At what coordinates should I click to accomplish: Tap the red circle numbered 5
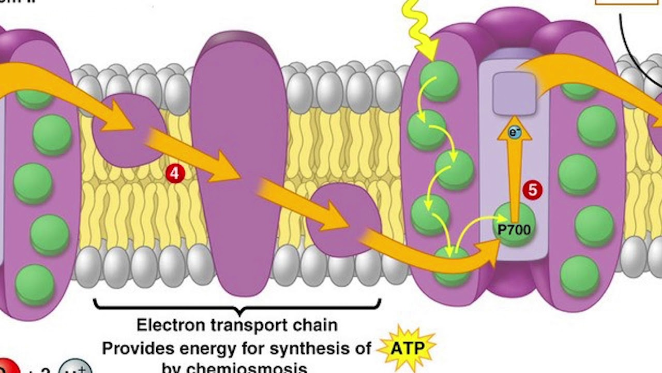[532, 191]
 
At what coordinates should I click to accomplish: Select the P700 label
[514, 228]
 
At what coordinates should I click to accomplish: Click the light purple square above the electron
[514, 93]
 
